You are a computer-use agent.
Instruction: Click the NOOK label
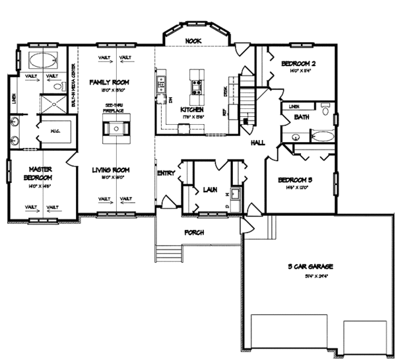[x=193, y=41]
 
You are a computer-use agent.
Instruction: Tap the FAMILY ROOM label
[x=109, y=82]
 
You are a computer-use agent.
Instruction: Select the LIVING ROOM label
[x=110, y=170]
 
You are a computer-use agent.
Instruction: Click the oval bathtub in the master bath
[x=42, y=59]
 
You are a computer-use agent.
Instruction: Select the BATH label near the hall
[x=302, y=118]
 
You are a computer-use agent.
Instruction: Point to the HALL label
[x=258, y=143]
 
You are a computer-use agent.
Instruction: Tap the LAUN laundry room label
[x=210, y=190]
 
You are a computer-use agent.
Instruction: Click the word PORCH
[x=193, y=233]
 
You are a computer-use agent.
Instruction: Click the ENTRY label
[x=165, y=173]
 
